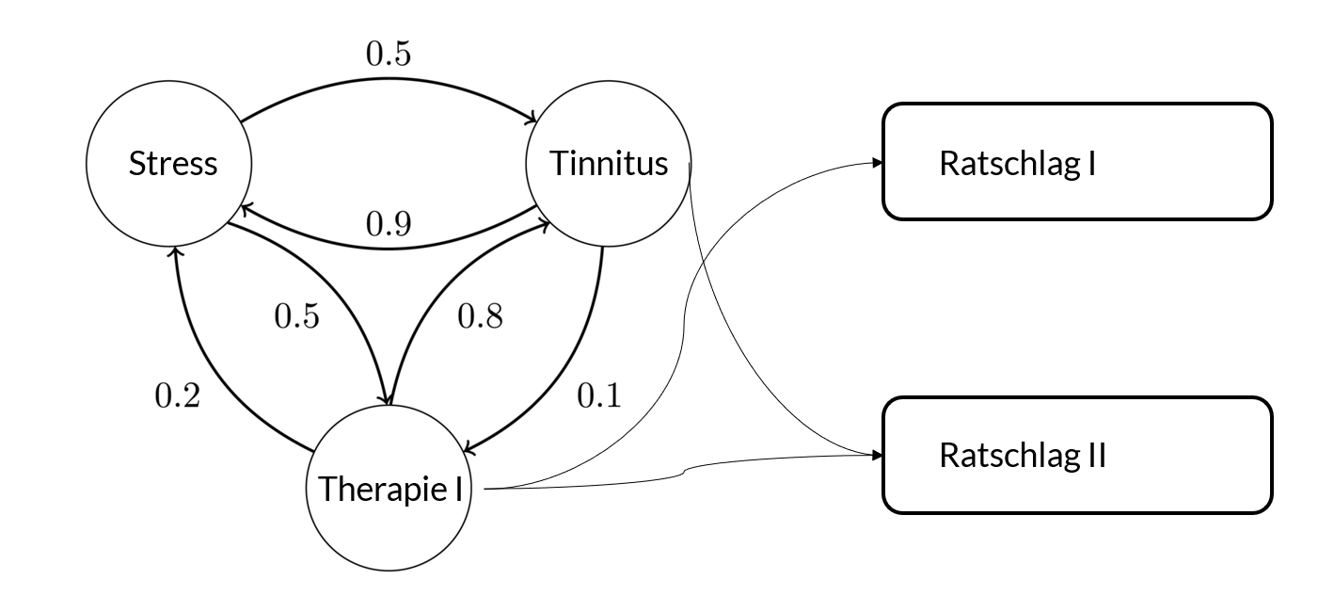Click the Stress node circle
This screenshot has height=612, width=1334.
click(x=169, y=164)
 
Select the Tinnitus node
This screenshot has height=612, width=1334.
click(x=608, y=164)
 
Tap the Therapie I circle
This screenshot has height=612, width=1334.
click(x=389, y=489)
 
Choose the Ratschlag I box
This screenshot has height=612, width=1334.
click(x=1076, y=162)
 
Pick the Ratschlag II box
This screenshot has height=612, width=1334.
click(x=1076, y=456)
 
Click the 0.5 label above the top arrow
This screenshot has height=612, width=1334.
click(x=388, y=55)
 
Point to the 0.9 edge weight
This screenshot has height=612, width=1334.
click(x=388, y=223)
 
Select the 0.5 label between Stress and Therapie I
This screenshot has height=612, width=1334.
click(x=296, y=316)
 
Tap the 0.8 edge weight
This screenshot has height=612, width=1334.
click(x=480, y=316)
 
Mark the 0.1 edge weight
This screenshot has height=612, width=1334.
click(x=598, y=396)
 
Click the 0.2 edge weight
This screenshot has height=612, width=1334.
click(x=178, y=396)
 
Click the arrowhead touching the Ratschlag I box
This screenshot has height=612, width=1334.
click(x=877, y=163)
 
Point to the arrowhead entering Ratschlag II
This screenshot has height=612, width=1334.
click(x=877, y=456)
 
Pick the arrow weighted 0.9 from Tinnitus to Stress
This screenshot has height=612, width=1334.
click(x=388, y=247)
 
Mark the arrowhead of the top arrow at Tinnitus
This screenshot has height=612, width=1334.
click(x=532, y=119)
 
